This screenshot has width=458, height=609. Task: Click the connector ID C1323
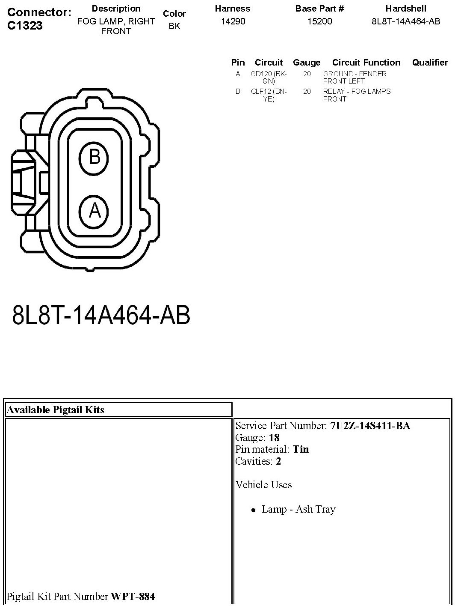pyautogui.click(x=25, y=26)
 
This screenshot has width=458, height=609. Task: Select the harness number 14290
pyautogui.click(x=233, y=21)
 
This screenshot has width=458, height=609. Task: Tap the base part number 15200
pyautogui.click(x=319, y=21)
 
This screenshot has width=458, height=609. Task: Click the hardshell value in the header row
pyautogui.click(x=406, y=21)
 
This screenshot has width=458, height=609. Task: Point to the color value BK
pyautogui.click(x=174, y=26)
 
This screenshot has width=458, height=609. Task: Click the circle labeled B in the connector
pyautogui.click(x=94, y=158)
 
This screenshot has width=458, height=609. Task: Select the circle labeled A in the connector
pyautogui.click(x=94, y=212)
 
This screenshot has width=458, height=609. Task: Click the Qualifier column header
pyautogui.click(x=430, y=63)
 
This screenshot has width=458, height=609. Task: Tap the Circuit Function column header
pyautogui.click(x=366, y=63)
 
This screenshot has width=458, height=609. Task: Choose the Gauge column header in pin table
pyautogui.click(x=307, y=63)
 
